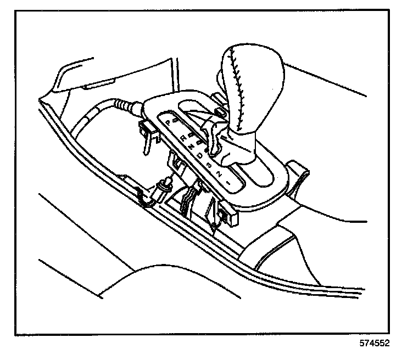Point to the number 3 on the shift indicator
(209, 164)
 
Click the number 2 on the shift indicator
(218, 172)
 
